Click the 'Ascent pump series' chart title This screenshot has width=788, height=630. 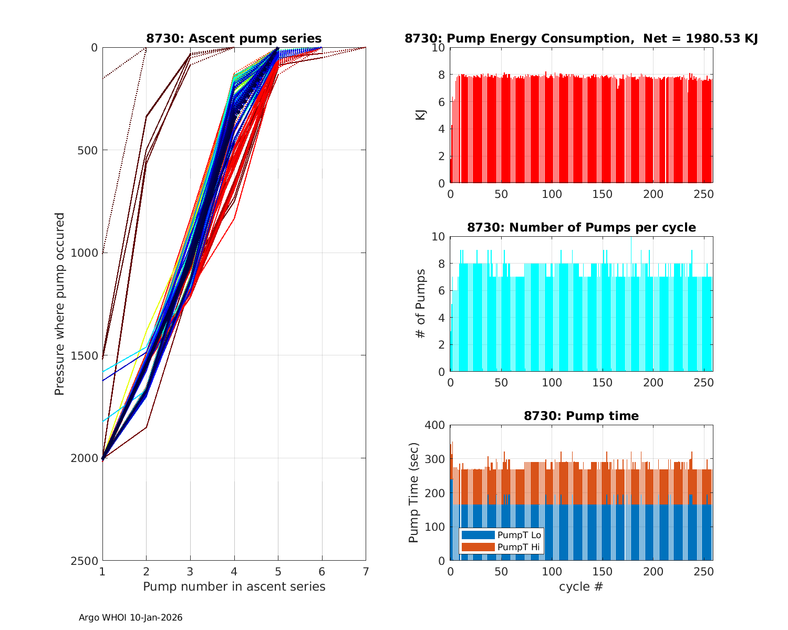[x=234, y=38]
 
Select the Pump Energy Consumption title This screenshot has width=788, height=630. [x=581, y=38]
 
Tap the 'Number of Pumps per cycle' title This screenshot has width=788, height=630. [x=581, y=227]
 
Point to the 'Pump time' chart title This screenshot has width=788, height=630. [x=581, y=416]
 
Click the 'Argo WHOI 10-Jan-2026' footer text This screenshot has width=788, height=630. [x=130, y=617]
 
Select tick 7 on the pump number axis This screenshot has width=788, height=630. [x=366, y=571]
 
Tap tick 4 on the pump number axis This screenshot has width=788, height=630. [x=234, y=571]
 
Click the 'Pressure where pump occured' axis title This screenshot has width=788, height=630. [x=60, y=304]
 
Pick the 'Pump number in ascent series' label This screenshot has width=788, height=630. [x=234, y=586]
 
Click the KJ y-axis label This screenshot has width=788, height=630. [x=421, y=115]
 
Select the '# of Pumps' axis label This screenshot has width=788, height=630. [x=421, y=304]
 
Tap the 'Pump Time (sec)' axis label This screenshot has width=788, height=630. [x=414, y=493]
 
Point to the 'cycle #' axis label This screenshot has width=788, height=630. [x=581, y=586]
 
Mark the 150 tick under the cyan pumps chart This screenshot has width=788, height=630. [x=603, y=382]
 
